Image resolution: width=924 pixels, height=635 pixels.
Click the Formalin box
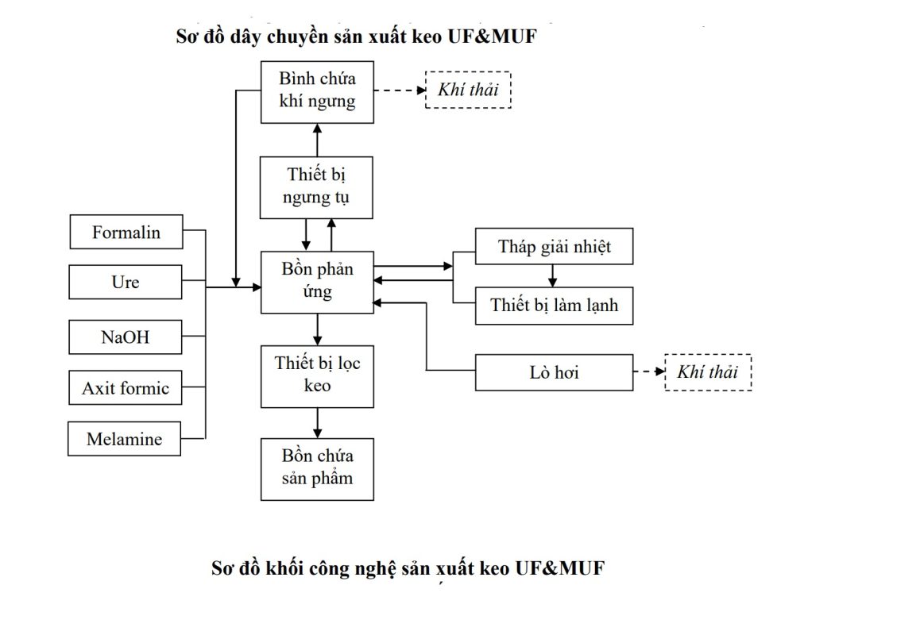click(126, 232)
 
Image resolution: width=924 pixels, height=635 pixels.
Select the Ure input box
click(126, 282)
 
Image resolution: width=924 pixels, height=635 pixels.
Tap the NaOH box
click(126, 337)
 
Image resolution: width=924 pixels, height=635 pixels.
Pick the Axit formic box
click(126, 388)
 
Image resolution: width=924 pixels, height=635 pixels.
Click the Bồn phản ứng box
click(317, 281)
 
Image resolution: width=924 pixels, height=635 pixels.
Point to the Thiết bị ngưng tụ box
click(316, 187)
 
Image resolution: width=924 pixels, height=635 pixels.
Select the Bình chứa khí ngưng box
click(317, 91)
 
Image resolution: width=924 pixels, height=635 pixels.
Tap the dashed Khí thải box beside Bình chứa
click(468, 90)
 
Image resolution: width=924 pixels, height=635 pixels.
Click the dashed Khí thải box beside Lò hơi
click(707, 371)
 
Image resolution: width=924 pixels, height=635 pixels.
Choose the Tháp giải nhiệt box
click(554, 246)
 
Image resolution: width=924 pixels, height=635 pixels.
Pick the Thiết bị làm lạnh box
click(554, 305)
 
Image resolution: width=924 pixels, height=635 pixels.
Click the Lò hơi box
click(554, 371)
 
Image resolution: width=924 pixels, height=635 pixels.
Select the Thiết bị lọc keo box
click(317, 375)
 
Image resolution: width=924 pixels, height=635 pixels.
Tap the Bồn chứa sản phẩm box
click(317, 468)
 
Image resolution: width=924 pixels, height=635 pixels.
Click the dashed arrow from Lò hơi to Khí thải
click(649, 371)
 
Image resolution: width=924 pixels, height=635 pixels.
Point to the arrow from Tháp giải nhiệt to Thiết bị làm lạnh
click(554, 275)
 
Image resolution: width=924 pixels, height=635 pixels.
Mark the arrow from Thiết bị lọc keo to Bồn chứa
click(317, 423)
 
